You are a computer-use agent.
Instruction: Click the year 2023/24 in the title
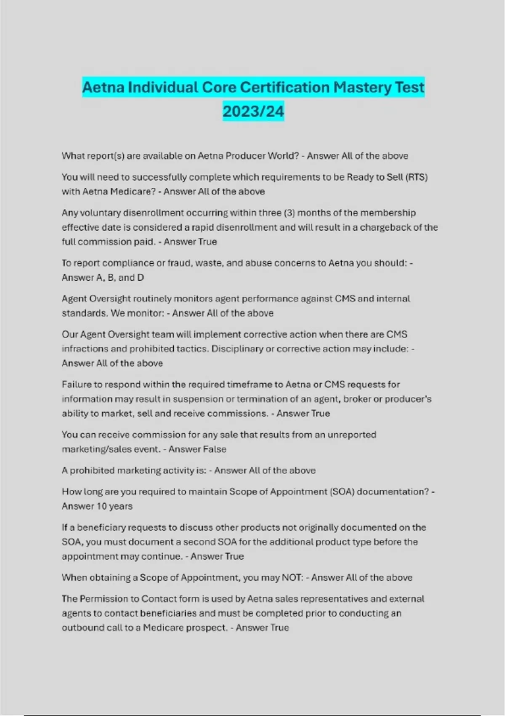(253, 111)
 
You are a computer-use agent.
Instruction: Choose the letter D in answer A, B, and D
(140, 278)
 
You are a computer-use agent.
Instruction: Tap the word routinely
(152, 299)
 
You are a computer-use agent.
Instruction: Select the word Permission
(109, 599)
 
